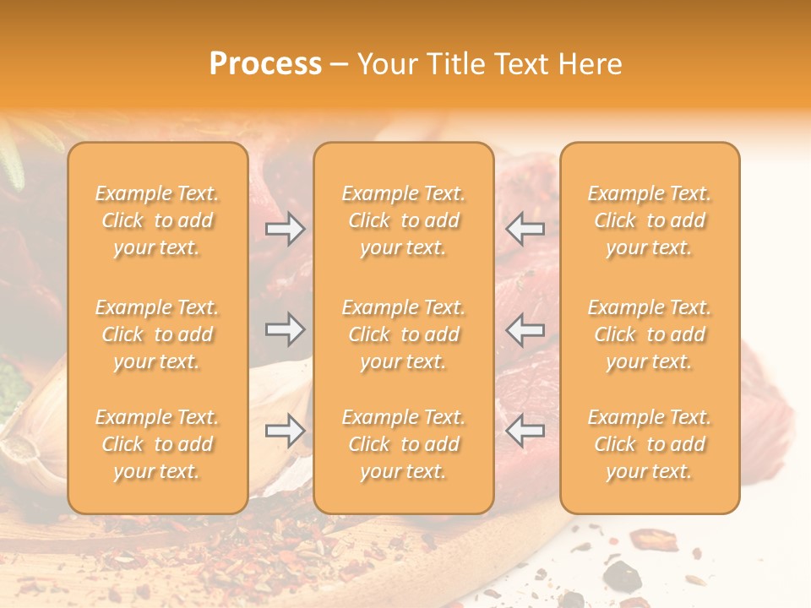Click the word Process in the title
[265, 64]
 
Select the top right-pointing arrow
[285, 229]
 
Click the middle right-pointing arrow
[285, 329]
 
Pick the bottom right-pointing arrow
[285, 431]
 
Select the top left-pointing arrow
[525, 229]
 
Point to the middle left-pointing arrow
[525, 329]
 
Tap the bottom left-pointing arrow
[525, 431]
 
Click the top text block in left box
[157, 220]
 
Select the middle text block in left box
[157, 334]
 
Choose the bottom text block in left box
[157, 444]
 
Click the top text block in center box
[404, 220]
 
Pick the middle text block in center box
[404, 334]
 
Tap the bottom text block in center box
[404, 444]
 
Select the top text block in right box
[650, 220]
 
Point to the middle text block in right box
[650, 334]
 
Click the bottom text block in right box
[650, 444]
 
